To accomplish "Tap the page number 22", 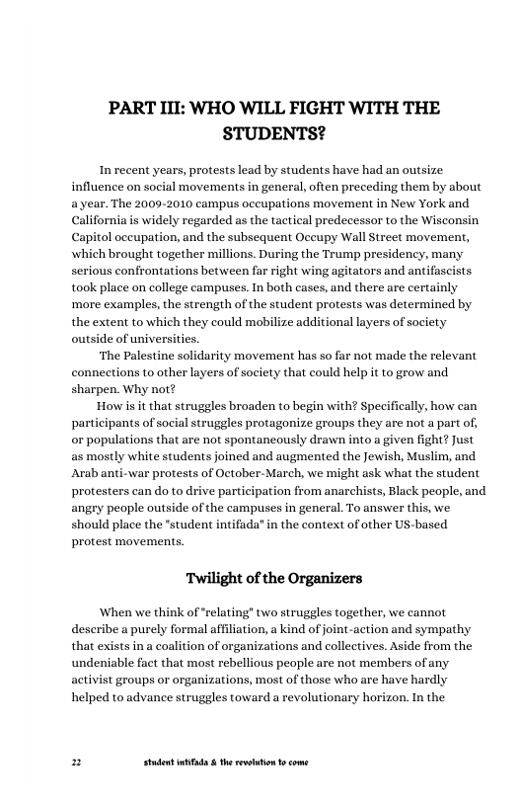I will click(x=77, y=763).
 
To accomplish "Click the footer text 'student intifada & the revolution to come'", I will click(x=225, y=763).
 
